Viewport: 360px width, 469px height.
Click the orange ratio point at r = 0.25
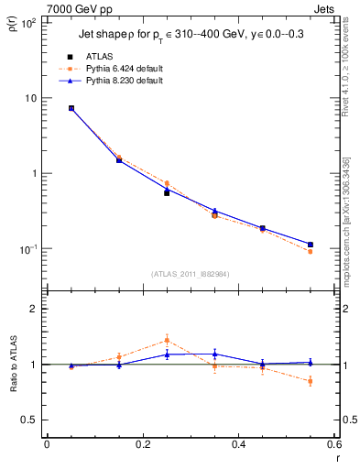tap(167, 340)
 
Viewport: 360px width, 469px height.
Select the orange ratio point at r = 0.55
tap(311, 381)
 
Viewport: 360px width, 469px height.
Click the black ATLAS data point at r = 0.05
tap(71, 108)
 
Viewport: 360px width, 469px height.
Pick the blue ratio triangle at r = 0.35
tap(214, 354)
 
